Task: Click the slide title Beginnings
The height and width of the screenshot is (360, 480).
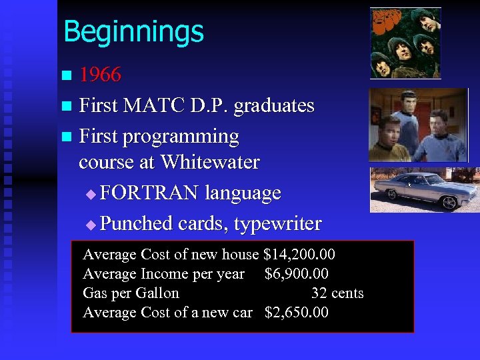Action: coord(133,31)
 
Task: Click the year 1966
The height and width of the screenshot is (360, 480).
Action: coord(100,75)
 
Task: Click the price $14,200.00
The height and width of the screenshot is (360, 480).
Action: coord(299,255)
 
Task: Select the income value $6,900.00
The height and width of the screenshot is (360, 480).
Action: coord(296,274)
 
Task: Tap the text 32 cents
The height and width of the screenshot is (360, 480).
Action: coord(337,293)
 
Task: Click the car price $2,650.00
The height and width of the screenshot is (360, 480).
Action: coord(296,313)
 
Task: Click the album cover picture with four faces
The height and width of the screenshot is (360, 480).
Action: coord(405,43)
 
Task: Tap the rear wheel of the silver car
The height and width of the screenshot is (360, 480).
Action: coord(450,202)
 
